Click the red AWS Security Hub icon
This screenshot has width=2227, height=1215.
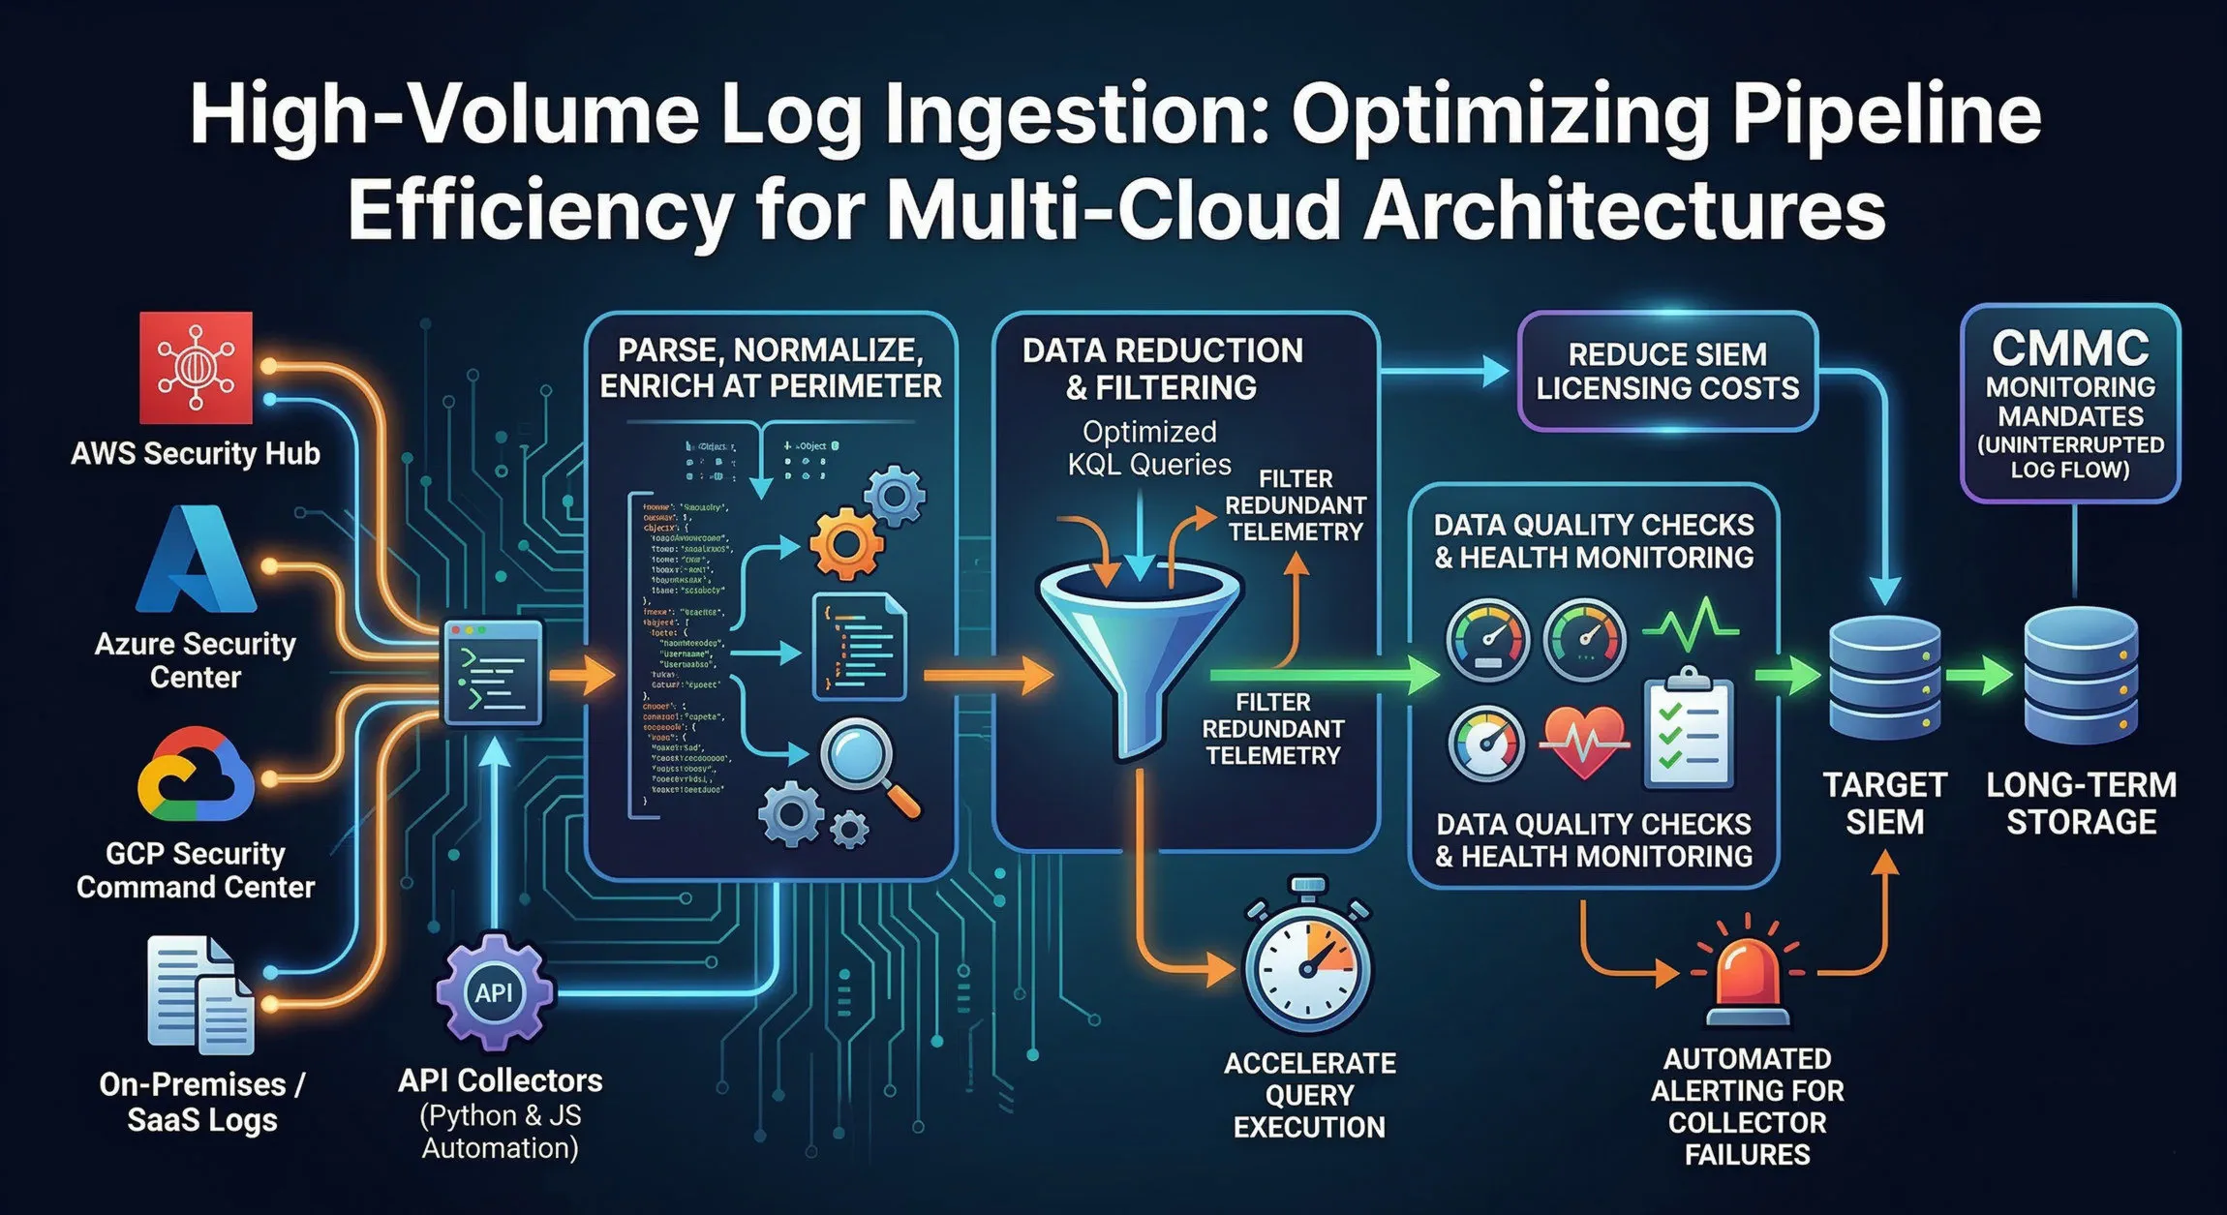196,368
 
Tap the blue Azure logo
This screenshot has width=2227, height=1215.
197,561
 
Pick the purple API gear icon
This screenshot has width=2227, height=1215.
495,991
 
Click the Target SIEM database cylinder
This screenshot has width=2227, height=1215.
1884,677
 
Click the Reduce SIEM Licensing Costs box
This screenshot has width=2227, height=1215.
1666,371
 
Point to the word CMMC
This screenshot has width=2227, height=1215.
2070,348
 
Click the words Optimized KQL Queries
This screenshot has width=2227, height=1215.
1149,448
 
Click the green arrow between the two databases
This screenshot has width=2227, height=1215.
1980,676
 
